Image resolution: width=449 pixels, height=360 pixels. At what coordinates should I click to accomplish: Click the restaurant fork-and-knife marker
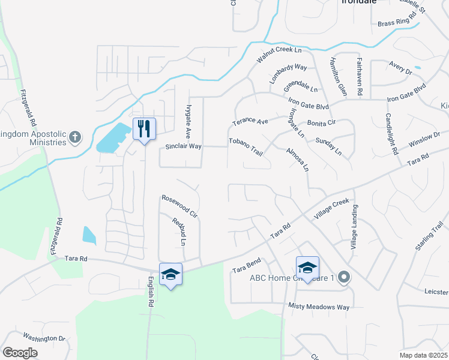(144, 129)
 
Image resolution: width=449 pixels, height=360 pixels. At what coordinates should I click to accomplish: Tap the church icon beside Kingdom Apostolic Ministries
(75, 137)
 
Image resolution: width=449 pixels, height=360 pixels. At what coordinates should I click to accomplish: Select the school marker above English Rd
(170, 274)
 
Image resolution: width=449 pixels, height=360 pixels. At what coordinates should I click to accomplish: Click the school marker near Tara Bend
(307, 267)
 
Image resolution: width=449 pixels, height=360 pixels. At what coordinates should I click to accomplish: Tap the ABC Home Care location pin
(344, 277)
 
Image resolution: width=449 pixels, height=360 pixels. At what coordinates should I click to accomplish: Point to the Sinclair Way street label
(184, 146)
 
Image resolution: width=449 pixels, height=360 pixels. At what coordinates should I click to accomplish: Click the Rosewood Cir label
(179, 205)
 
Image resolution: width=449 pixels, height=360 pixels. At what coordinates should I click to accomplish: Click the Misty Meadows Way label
(318, 307)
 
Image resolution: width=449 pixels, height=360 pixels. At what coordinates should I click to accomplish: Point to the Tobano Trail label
(246, 146)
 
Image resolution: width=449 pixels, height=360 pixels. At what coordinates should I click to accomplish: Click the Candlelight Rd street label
(392, 134)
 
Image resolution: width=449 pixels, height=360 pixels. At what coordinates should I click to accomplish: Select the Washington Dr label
(44, 338)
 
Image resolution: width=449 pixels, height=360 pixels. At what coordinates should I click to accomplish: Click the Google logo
(20, 352)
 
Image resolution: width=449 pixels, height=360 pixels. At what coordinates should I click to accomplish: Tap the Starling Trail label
(429, 238)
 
